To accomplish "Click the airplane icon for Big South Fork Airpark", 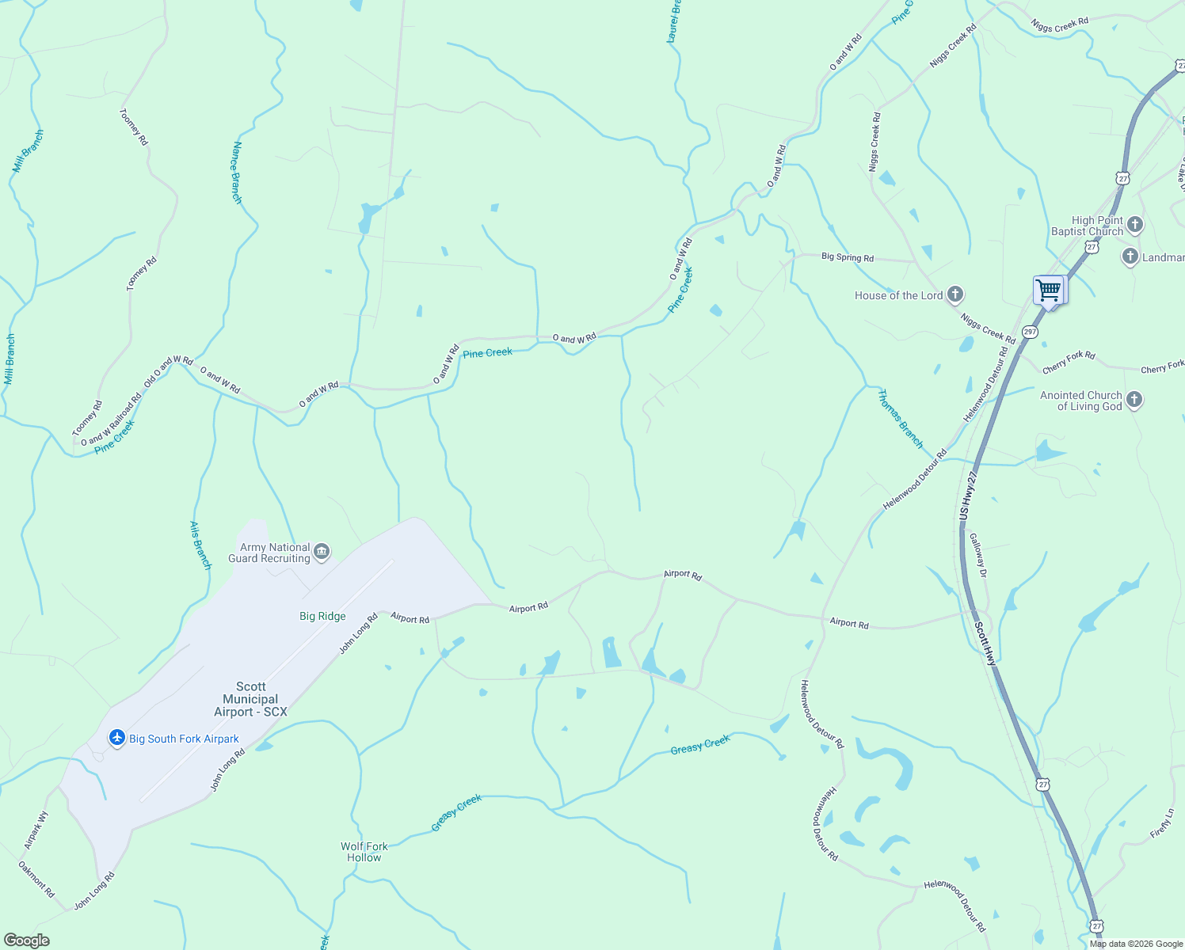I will tap(117, 738).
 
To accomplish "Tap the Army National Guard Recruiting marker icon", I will tap(322, 552).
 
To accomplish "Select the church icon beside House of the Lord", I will tap(955, 295).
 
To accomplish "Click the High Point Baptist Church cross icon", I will tap(1134, 225).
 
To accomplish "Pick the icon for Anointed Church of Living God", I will tap(1134, 400).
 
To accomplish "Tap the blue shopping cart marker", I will tap(1050, 291).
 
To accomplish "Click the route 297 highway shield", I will tap(1030, 332).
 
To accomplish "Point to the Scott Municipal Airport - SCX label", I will tap(250, 699).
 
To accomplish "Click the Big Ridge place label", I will tap(322, 616).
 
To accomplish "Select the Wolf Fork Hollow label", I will tap(364, 852).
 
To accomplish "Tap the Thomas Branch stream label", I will tap(901, 419).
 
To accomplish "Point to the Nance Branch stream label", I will tap(236, 173).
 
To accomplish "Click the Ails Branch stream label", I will tap(200, 545).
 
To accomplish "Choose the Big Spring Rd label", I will tap(847, 257).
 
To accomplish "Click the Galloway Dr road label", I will tap(978, 555).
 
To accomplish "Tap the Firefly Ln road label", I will tap(1162, 823).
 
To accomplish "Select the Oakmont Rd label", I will tap(36, 879).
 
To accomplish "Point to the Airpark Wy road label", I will tap(36, 830).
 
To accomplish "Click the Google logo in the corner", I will tap(26, 940).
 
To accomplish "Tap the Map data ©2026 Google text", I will tap(1136, 944).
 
